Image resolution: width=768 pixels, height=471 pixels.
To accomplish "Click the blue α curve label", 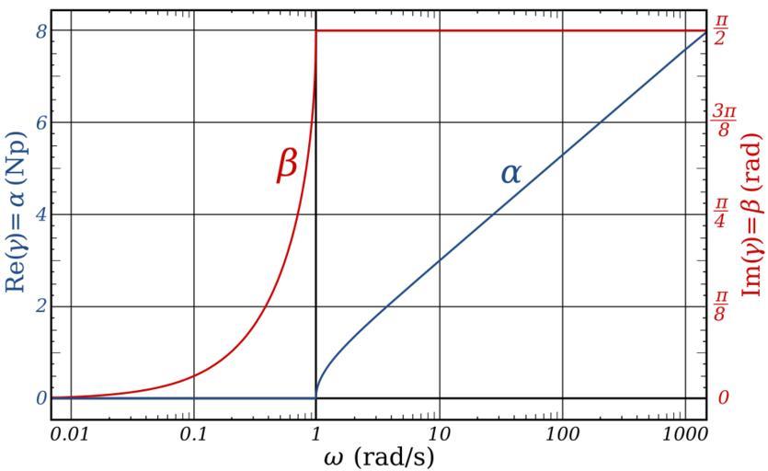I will coord(510,172).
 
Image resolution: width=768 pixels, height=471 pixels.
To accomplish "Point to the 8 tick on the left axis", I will coord(40,30).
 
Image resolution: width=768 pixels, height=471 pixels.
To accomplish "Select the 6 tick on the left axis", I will coord(40,122).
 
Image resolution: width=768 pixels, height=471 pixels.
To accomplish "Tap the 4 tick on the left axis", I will coord(40,214).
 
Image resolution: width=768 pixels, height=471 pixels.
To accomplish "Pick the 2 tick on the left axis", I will coord(40,306).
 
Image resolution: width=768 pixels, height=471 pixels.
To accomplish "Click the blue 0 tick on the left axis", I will coord(40,398).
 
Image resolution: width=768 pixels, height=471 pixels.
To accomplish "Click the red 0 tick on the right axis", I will coord(723,398).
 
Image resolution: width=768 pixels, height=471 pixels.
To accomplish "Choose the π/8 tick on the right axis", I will coord(723,306).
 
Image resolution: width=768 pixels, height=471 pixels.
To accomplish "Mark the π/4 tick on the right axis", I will coord(723,214).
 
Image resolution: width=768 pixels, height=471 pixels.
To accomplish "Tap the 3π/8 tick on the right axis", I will coord(723,122).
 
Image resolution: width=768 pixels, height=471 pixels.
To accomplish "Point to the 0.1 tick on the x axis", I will coord(193,431).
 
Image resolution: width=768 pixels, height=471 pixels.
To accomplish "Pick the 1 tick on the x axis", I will coord(315,431).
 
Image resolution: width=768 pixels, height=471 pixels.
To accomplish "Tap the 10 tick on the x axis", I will coord(439,431).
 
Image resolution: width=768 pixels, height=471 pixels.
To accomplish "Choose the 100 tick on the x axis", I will coord(562,431).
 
